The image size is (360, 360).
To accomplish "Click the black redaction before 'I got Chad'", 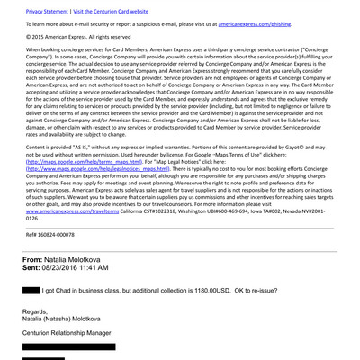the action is pyautogui.click(x=30, y=291).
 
